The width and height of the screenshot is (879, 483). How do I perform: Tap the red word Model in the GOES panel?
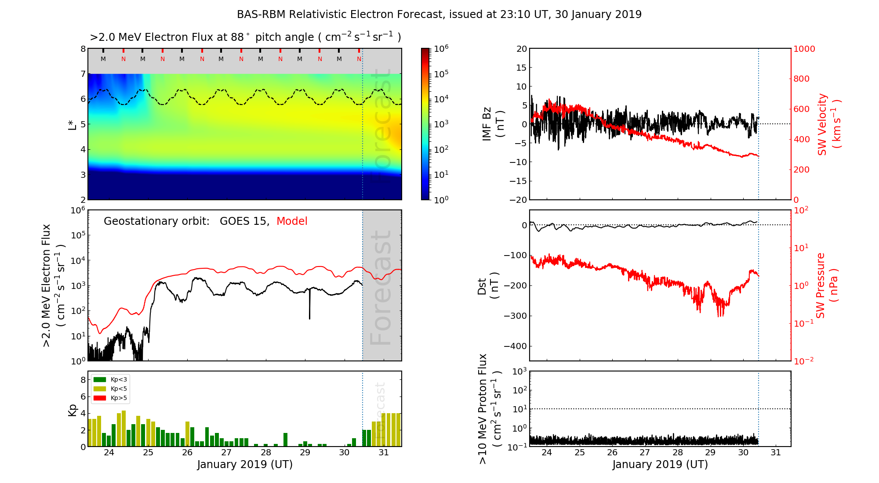point(292,221)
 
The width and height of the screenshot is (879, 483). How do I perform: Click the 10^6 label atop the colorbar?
point(441,49)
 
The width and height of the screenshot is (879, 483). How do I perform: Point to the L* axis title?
point(73,124)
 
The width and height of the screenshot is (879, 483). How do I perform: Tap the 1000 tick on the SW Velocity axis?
point(804,49)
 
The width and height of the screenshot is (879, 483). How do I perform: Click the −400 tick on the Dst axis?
point(515,346)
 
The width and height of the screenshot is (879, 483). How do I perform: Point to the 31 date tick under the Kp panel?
point(384,453)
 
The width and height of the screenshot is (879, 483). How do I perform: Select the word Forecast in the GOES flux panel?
point(381,288)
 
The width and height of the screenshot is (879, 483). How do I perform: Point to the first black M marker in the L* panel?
point(103,59)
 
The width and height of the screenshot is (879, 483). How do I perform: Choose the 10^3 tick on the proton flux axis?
point(520,372)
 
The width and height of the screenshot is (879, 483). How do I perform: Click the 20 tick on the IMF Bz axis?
point(522,49)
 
